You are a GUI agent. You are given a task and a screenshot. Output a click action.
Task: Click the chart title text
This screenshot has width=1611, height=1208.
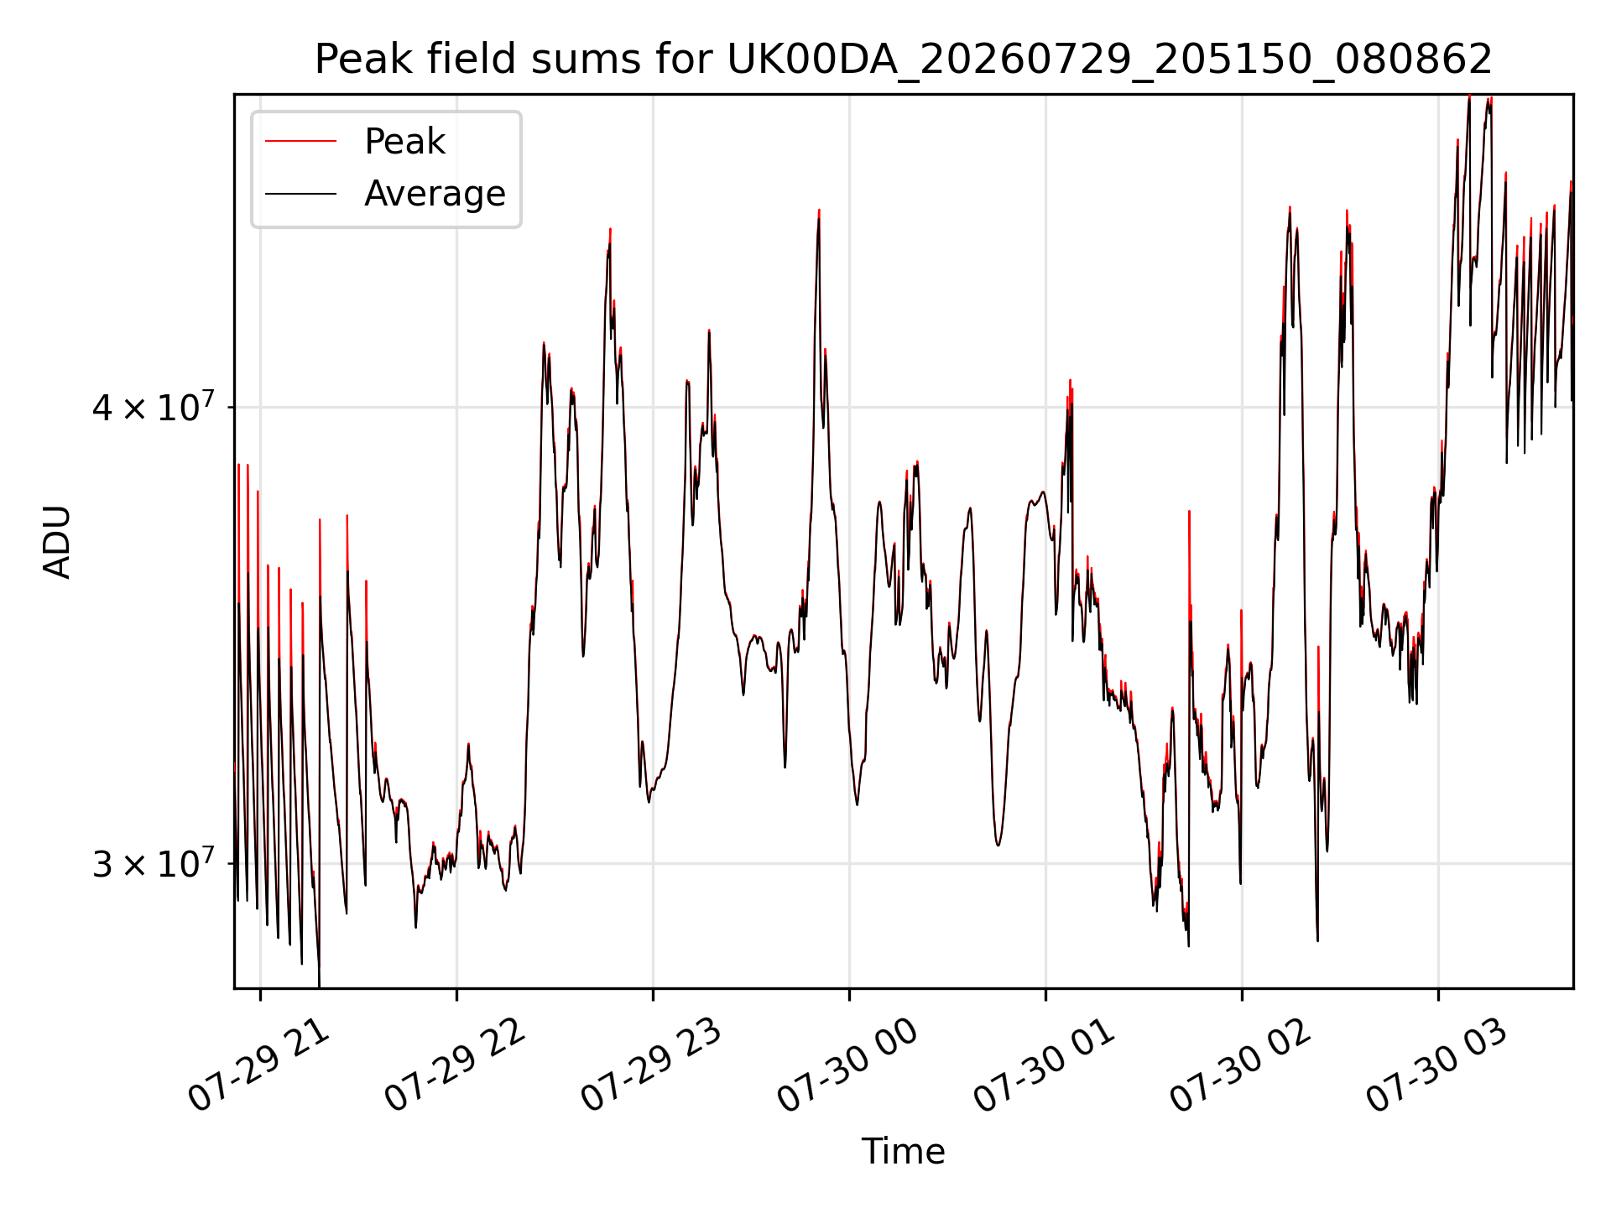click(903, 60)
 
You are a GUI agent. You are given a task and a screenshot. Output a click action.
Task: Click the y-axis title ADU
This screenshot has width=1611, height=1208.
click(57, 541)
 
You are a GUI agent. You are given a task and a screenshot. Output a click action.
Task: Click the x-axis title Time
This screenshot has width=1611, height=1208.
click(903, 1151)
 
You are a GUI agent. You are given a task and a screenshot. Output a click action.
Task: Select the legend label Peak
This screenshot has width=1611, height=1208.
click(404, 141)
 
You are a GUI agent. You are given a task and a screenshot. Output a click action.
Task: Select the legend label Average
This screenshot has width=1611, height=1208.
click(435, 194)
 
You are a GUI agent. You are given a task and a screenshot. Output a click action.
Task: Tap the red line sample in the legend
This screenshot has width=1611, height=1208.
click(300, 141)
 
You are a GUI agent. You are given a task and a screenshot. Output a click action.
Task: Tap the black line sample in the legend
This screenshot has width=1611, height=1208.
click(300, 194)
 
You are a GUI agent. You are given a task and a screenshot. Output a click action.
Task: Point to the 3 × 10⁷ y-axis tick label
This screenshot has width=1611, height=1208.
click(154, 863)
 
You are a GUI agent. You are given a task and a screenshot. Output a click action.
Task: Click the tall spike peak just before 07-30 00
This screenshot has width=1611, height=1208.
click(819, 211)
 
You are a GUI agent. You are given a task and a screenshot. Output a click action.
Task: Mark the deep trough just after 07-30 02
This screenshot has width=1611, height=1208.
click(1317, 940)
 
